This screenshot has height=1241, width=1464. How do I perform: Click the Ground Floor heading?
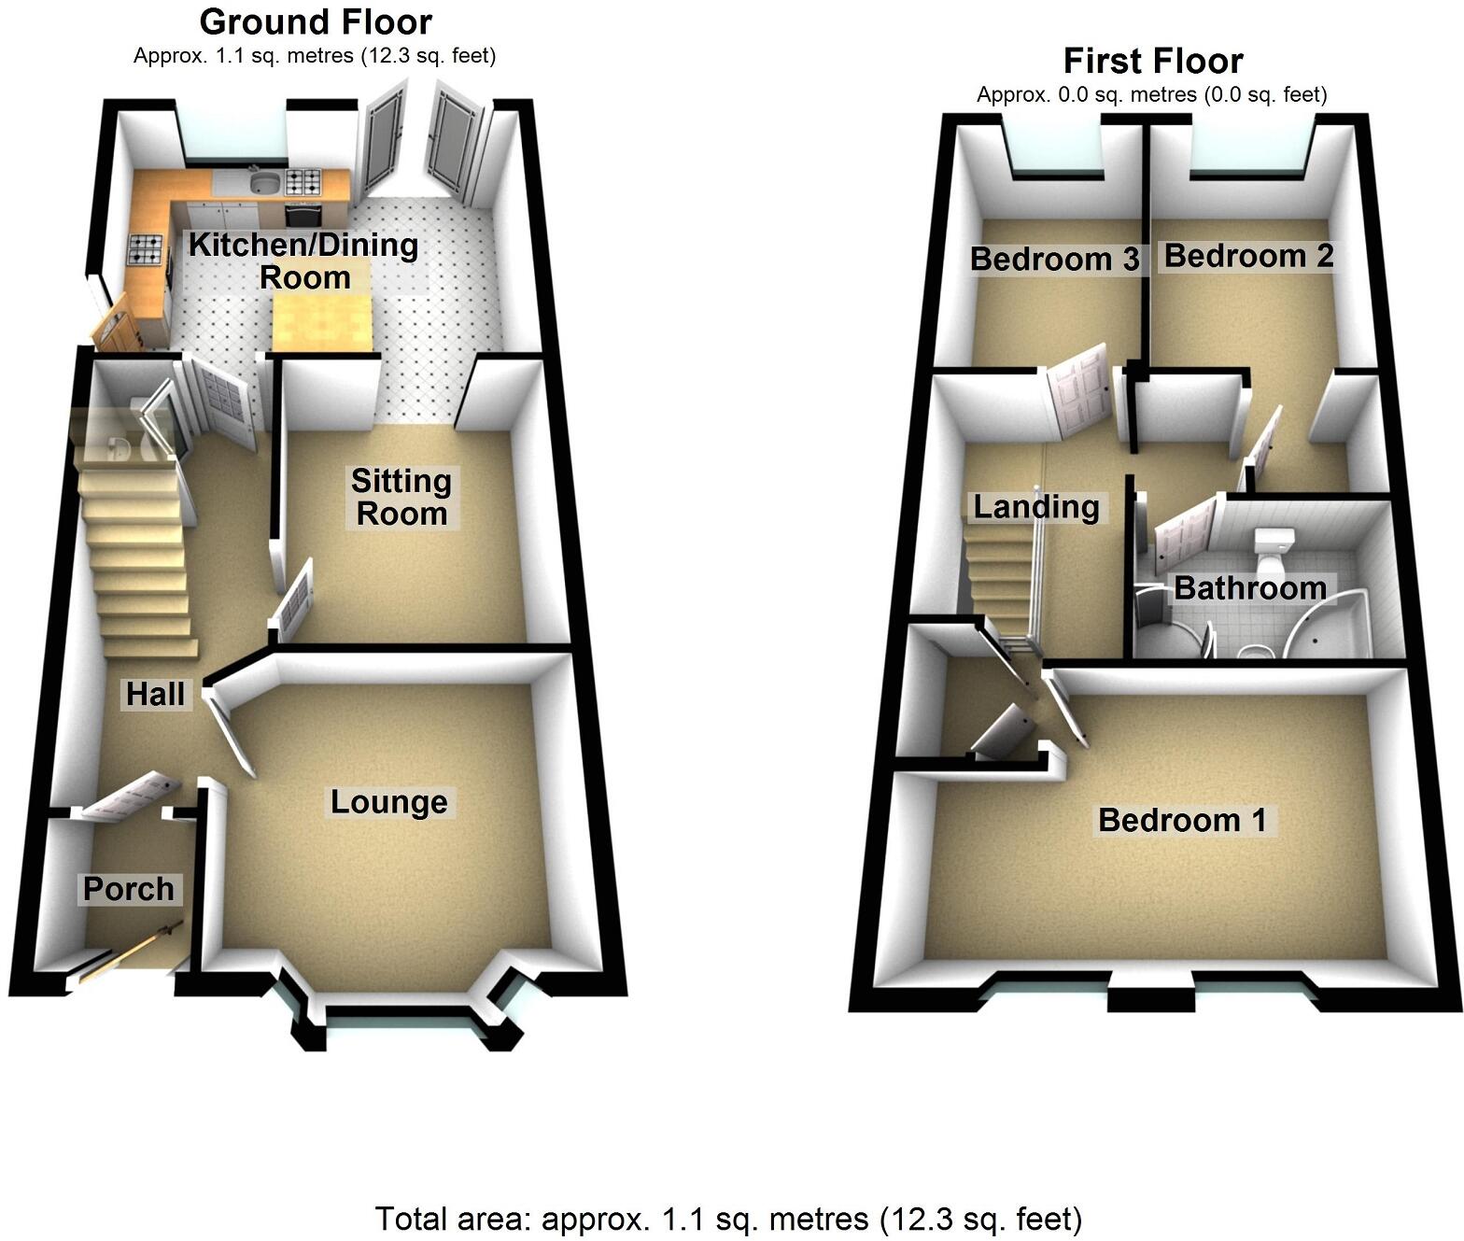pos(316,21)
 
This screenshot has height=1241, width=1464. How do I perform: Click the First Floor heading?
pos(1153,62)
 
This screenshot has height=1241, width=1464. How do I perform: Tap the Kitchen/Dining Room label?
pos(303,261)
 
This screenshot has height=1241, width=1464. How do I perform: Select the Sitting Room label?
pos(401,497)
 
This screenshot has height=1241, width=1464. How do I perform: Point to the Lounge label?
pos(388,802)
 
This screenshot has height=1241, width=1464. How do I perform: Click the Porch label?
pos(129,889)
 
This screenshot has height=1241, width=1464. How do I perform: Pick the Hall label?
pos(156,694)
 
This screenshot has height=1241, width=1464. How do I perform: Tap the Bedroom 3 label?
pos(1054,259)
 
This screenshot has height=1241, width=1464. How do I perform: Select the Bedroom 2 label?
pos(1248,255)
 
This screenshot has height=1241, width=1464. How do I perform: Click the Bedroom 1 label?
pos(1182,820)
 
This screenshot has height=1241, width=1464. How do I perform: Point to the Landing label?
pos(1036,507)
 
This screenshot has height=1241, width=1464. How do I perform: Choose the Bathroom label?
pos(1250,588)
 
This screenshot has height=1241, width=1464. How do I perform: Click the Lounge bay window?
pos(401,1022)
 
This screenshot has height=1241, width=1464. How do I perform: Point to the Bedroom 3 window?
pos(1054,149)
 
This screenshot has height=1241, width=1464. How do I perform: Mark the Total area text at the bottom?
pos(728,1219)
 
